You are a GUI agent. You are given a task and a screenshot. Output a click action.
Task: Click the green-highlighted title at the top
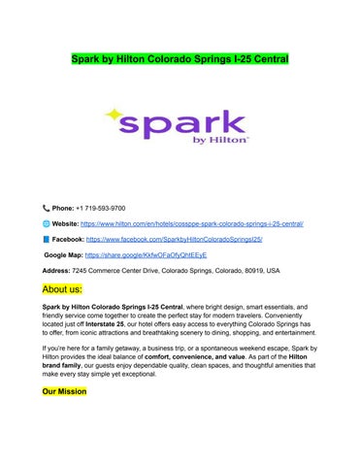[180, 60]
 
